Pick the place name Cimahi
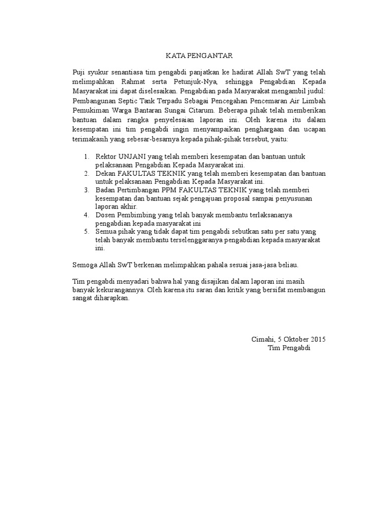pyautogui.click(x=262, y=339)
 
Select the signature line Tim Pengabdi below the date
pyautogui.click(x=287, y=348)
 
